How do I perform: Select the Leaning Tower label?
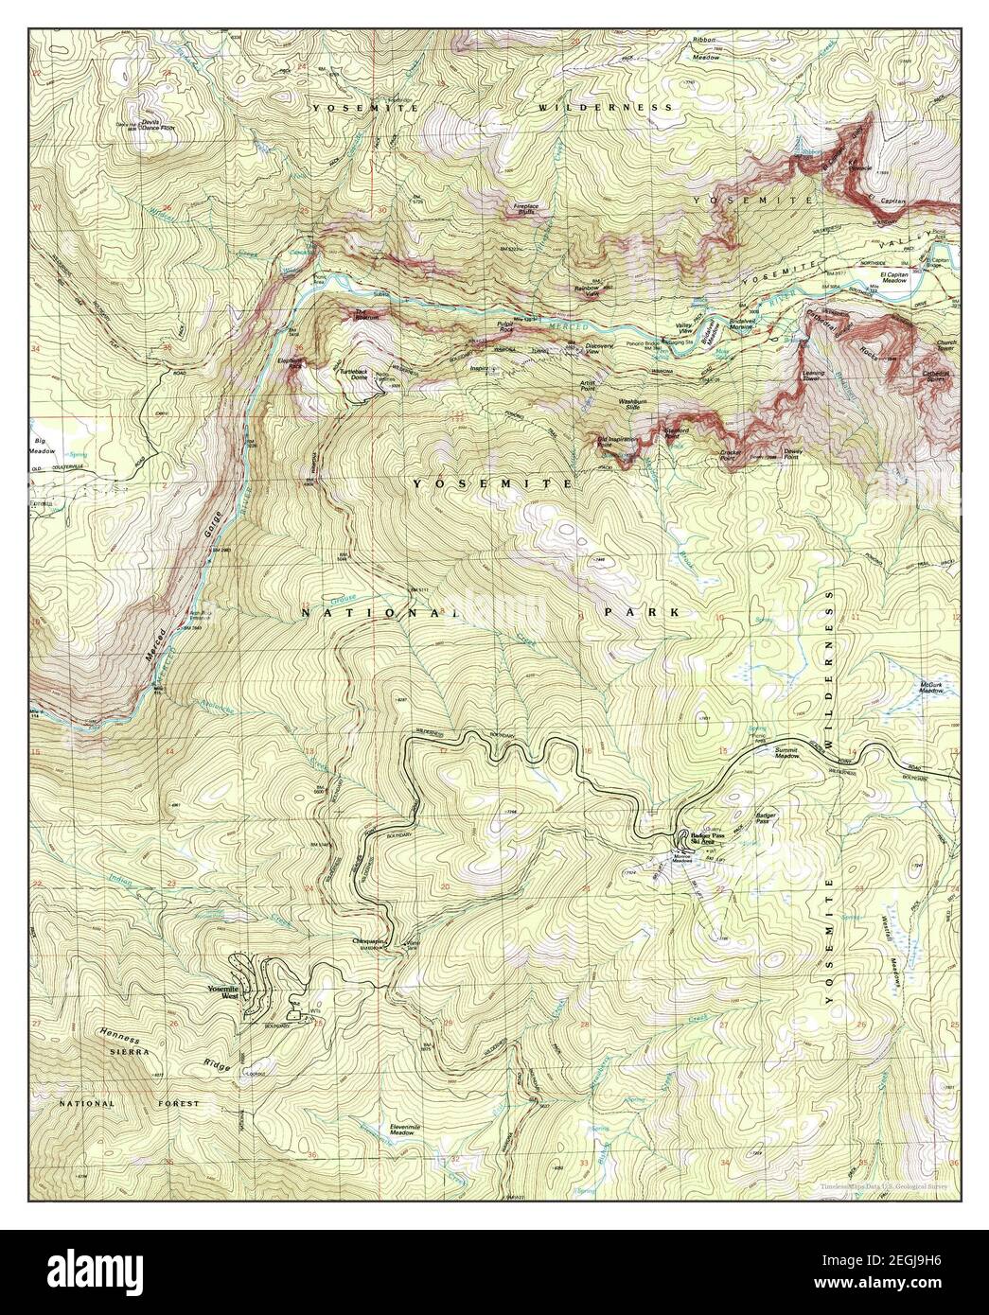pos(815,377)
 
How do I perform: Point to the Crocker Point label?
pos(731,455)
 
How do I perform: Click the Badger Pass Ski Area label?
pos(713,839)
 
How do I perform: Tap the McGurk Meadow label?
pos(930,689)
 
